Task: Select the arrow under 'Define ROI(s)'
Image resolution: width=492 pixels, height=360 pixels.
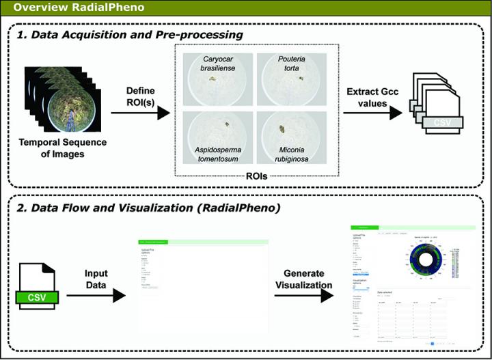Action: pyautogui.click(x=139, y=112)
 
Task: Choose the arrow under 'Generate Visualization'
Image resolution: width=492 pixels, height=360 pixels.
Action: pyautogui.click(x=307, y=295)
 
